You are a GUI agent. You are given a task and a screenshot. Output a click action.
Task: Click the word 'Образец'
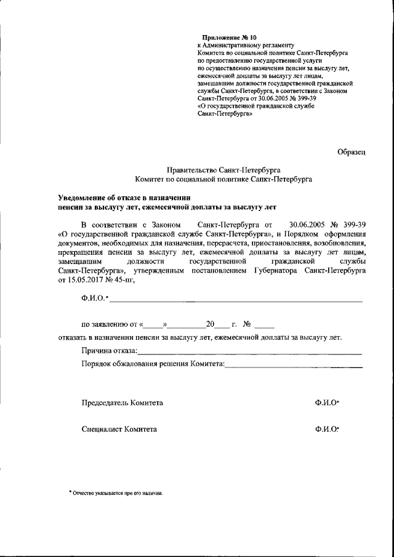pyautogui.click(x=352, y=151)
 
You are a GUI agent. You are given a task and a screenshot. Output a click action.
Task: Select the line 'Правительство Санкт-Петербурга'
pyautogui.click(x=223, y=169)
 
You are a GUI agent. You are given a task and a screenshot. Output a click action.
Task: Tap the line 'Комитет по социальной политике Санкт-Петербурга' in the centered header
pyautogui.click(x=223, y=179)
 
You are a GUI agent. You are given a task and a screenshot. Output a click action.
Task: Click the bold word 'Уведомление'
pyautogui.click(x=84, y=198)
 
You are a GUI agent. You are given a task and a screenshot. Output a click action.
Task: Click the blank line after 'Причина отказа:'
pyautogui.click(x=249, y=353)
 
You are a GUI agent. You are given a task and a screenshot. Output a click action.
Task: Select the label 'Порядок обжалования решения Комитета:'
pyautogui.click(x=153, y=364)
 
